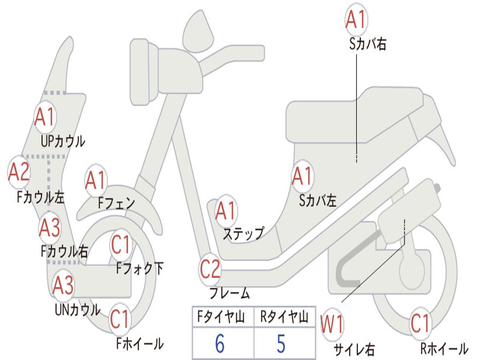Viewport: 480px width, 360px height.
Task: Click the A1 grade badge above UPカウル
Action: (45, 117)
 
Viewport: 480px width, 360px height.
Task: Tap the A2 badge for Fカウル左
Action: (19, 172)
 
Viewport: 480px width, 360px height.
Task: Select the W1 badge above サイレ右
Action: (332, 323)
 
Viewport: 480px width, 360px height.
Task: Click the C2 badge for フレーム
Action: (210, 270)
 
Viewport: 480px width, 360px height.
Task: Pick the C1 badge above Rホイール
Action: (420, 323)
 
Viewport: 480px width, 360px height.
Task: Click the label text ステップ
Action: (243, 233)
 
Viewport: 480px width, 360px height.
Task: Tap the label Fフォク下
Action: (140, 269)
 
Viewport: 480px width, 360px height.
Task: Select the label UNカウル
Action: (77, 309)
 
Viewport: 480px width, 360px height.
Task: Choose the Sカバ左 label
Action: (318, 201)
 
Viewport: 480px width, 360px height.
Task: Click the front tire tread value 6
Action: (219, 344)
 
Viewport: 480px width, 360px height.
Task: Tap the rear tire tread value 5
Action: (281, 344)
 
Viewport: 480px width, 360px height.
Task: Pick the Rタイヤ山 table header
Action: (284, 318)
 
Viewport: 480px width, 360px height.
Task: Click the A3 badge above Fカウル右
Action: (50, 228)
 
